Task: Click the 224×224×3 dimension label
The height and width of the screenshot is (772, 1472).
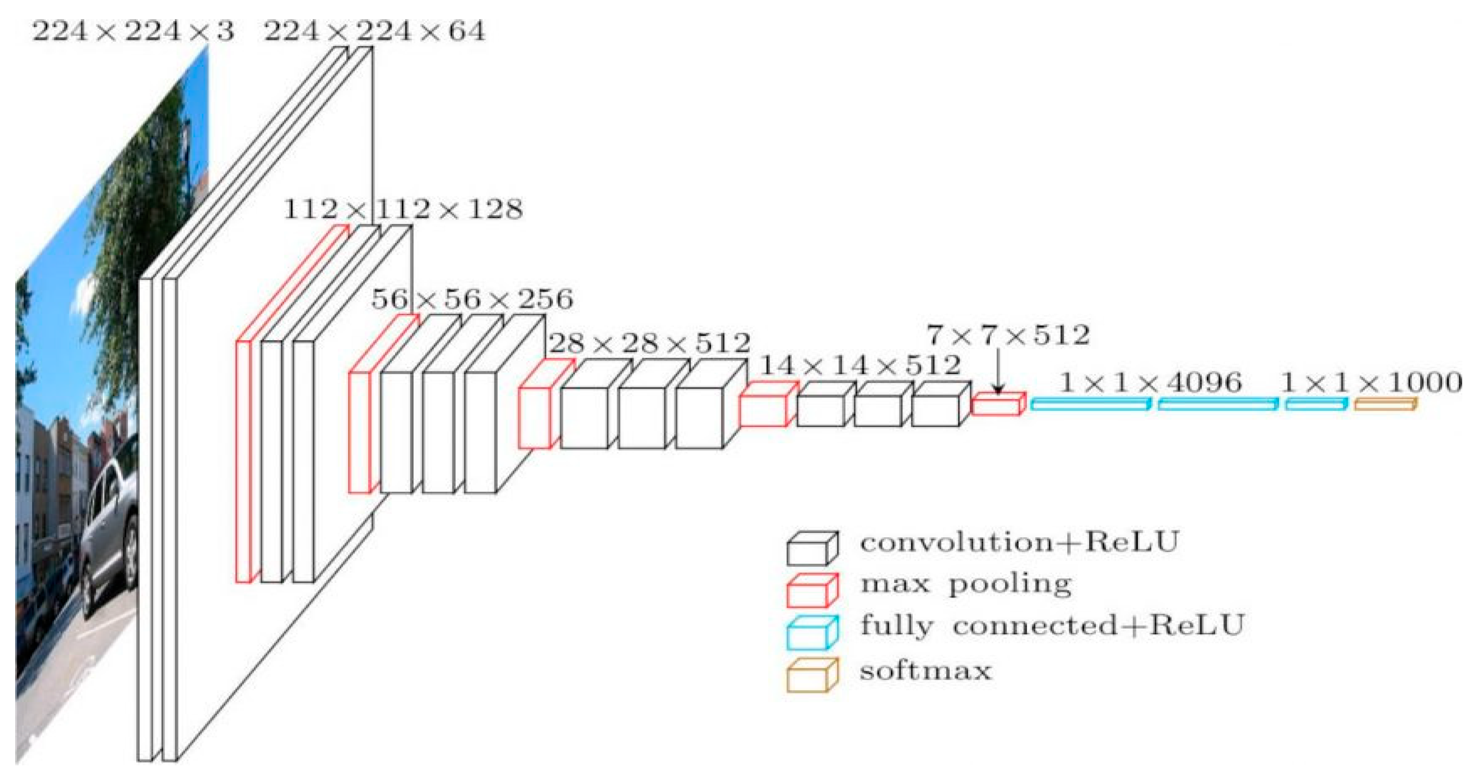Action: [x=133, y=31]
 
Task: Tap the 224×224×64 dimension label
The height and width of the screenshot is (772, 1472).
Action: [x=374, y=31]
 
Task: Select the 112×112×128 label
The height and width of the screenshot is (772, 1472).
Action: [x=403, y=210]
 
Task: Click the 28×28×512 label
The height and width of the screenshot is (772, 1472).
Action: [x=649, y=343]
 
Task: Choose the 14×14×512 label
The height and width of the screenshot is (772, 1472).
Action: [x=860, y=365]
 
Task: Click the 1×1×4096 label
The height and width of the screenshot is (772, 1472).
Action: [x=1150, y=382]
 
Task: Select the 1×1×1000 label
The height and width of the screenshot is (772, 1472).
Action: [x=1370, y=382]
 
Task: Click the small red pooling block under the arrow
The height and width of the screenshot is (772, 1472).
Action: [x=998, y=404]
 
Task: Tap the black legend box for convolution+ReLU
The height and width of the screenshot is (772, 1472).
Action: [x=811, y=548]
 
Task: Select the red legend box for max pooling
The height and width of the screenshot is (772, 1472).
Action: [x=811, y=590]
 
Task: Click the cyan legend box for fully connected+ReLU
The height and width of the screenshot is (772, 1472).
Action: [x=811, y=633]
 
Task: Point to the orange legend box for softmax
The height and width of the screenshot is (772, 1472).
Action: [x=811, y=675]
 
